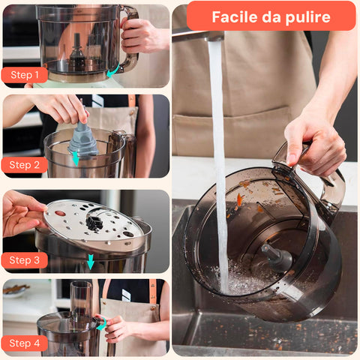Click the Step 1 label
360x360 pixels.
[25, 75]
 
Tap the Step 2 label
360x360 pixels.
[25, 165]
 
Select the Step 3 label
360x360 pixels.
[25, 260]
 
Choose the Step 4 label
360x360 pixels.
[25, 343]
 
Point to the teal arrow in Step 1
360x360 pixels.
[112, 70]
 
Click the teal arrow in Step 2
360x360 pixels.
[75, 159]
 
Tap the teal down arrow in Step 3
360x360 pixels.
[91, 262]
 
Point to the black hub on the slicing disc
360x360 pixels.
[94, 222]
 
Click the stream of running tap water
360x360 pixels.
[219, 165]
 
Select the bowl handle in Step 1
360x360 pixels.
[130, 37]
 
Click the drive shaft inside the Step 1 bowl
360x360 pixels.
[76, 50]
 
